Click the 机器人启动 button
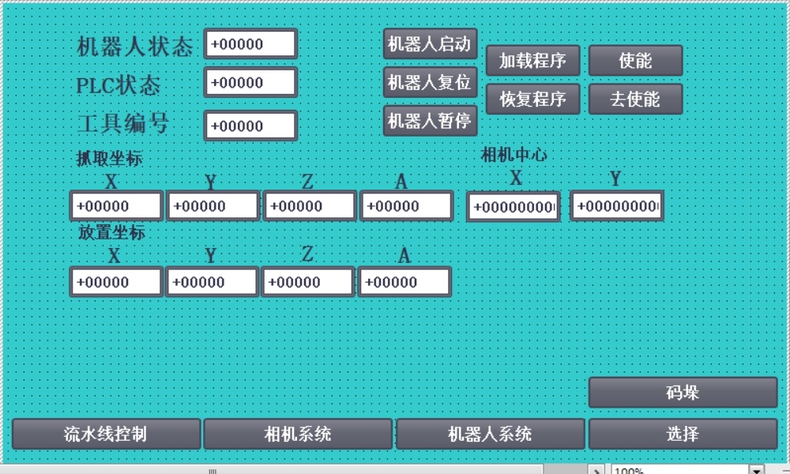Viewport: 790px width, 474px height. pyautogui.click(x=431, y=43)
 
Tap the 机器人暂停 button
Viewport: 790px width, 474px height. pyautogui.click(x=431, y=121)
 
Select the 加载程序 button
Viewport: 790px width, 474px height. pyautogui.click(x=532, y=61)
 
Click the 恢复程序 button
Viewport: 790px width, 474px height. pyautogui.click(x=532, y=100)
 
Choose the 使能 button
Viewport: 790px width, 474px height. pyautogui.click(x=635, y=61)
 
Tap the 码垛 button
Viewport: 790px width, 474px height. pyautogui.click(x=683, y=393)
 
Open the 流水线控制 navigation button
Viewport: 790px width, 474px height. pyautogui.click(x=106, y=434)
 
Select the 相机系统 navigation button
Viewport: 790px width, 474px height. pyautogui.click(x=298, y=434)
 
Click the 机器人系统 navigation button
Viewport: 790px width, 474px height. pyautogui.click(x=490, y=434)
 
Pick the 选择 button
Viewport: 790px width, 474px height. pyautogui.click(x=683, y=434)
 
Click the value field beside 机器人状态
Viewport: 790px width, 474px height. pyautogui.click(x=250, y=44)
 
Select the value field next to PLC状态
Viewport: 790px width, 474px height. pyautogui.click(x=250, y=83)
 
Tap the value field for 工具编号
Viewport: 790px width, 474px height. pyautogui.click(x=250, y=126)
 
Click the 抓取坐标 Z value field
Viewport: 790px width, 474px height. pyautogui.click(x=309, y=206)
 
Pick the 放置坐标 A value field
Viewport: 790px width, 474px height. pyautogui.click(x=404, y=282)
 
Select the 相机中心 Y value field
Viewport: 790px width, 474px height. pyautogui.click(x=617, y=207)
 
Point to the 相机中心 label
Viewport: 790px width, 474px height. pyautogui.click(x=513, y=155)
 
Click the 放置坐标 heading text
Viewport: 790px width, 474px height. pyautogui.click(x=111, y=233)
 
